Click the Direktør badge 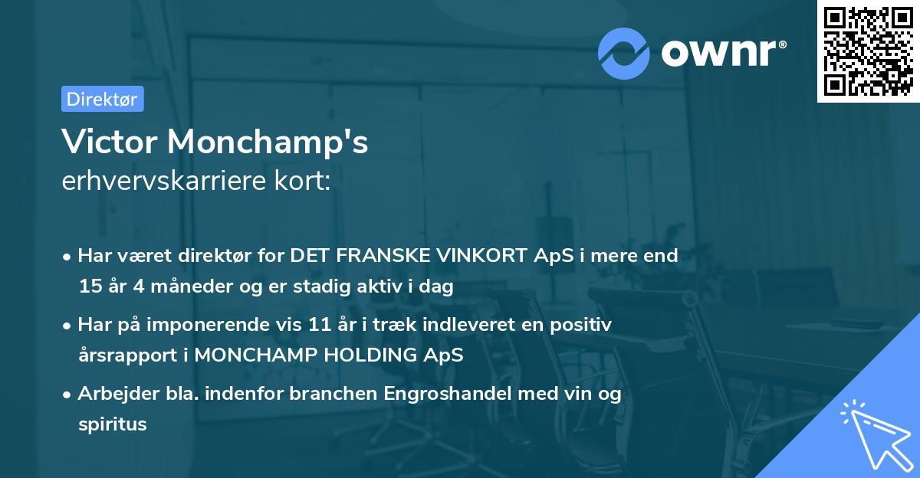(102, 99)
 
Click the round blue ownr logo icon (624, 53)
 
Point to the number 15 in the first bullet (89, 287)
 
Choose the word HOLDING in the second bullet (376, 356)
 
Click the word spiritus (112, 424)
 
